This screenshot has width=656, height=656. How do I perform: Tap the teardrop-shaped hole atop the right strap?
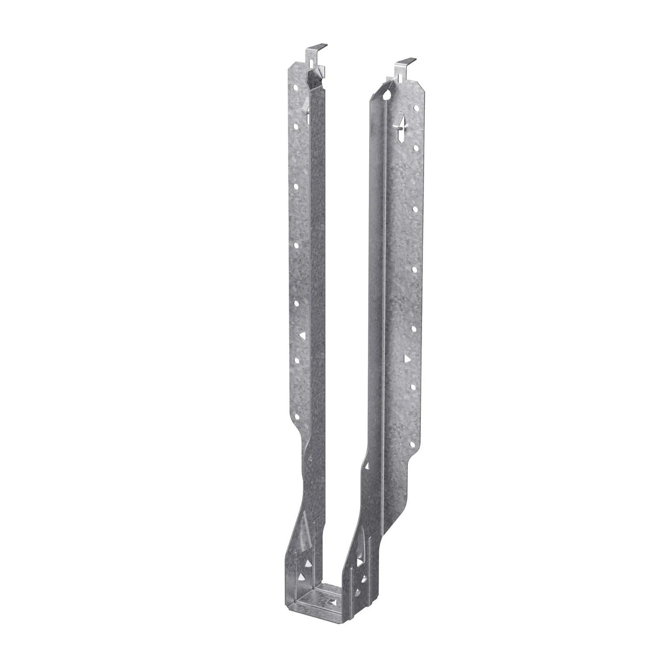pos(388,95)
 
